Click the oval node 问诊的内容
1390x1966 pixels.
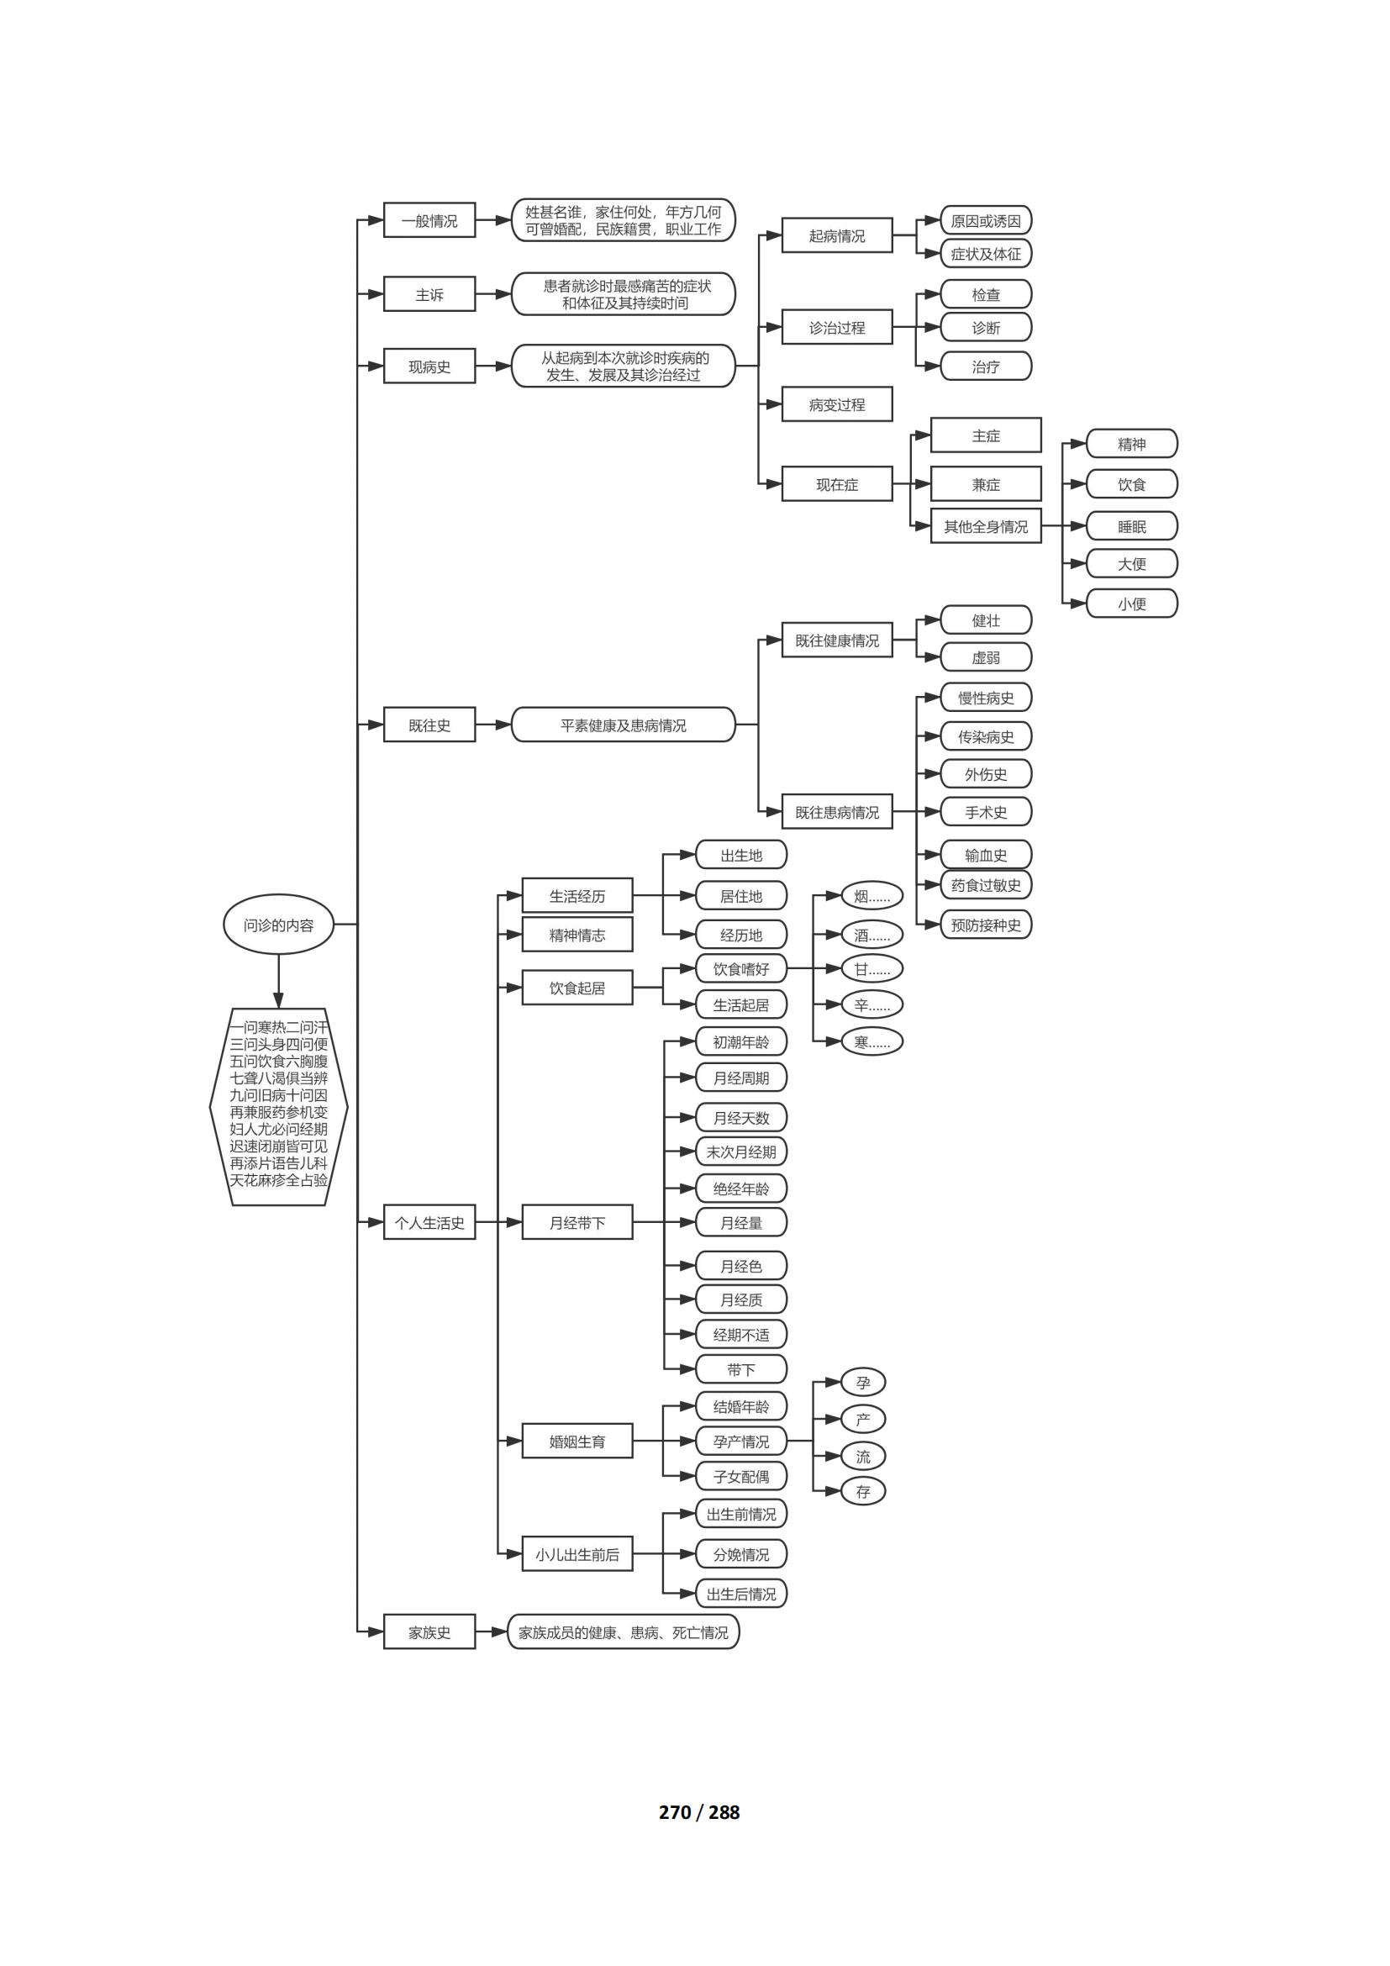point(278,925)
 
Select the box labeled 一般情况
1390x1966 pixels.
point(429,221)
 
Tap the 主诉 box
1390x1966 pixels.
point(429,294)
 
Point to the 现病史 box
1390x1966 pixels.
point(429,366)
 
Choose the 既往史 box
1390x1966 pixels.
point(429,725)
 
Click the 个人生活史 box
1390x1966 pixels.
point(429,1223)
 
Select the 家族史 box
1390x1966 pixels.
point(429,1632)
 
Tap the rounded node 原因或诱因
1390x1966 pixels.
point(985,221)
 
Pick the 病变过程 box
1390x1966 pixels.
point(836,404)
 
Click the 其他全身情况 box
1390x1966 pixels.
point(985,527)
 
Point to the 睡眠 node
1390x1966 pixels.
point(1131,527)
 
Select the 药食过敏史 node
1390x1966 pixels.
point(985,885)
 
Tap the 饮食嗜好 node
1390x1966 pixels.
point(740,969)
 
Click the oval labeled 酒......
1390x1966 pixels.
point(871,936)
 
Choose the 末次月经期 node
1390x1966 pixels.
point(740,1152)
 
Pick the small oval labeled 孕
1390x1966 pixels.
point(863,1383)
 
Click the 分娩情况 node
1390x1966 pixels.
point(740,1555)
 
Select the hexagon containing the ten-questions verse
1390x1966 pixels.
point(278,1106)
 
